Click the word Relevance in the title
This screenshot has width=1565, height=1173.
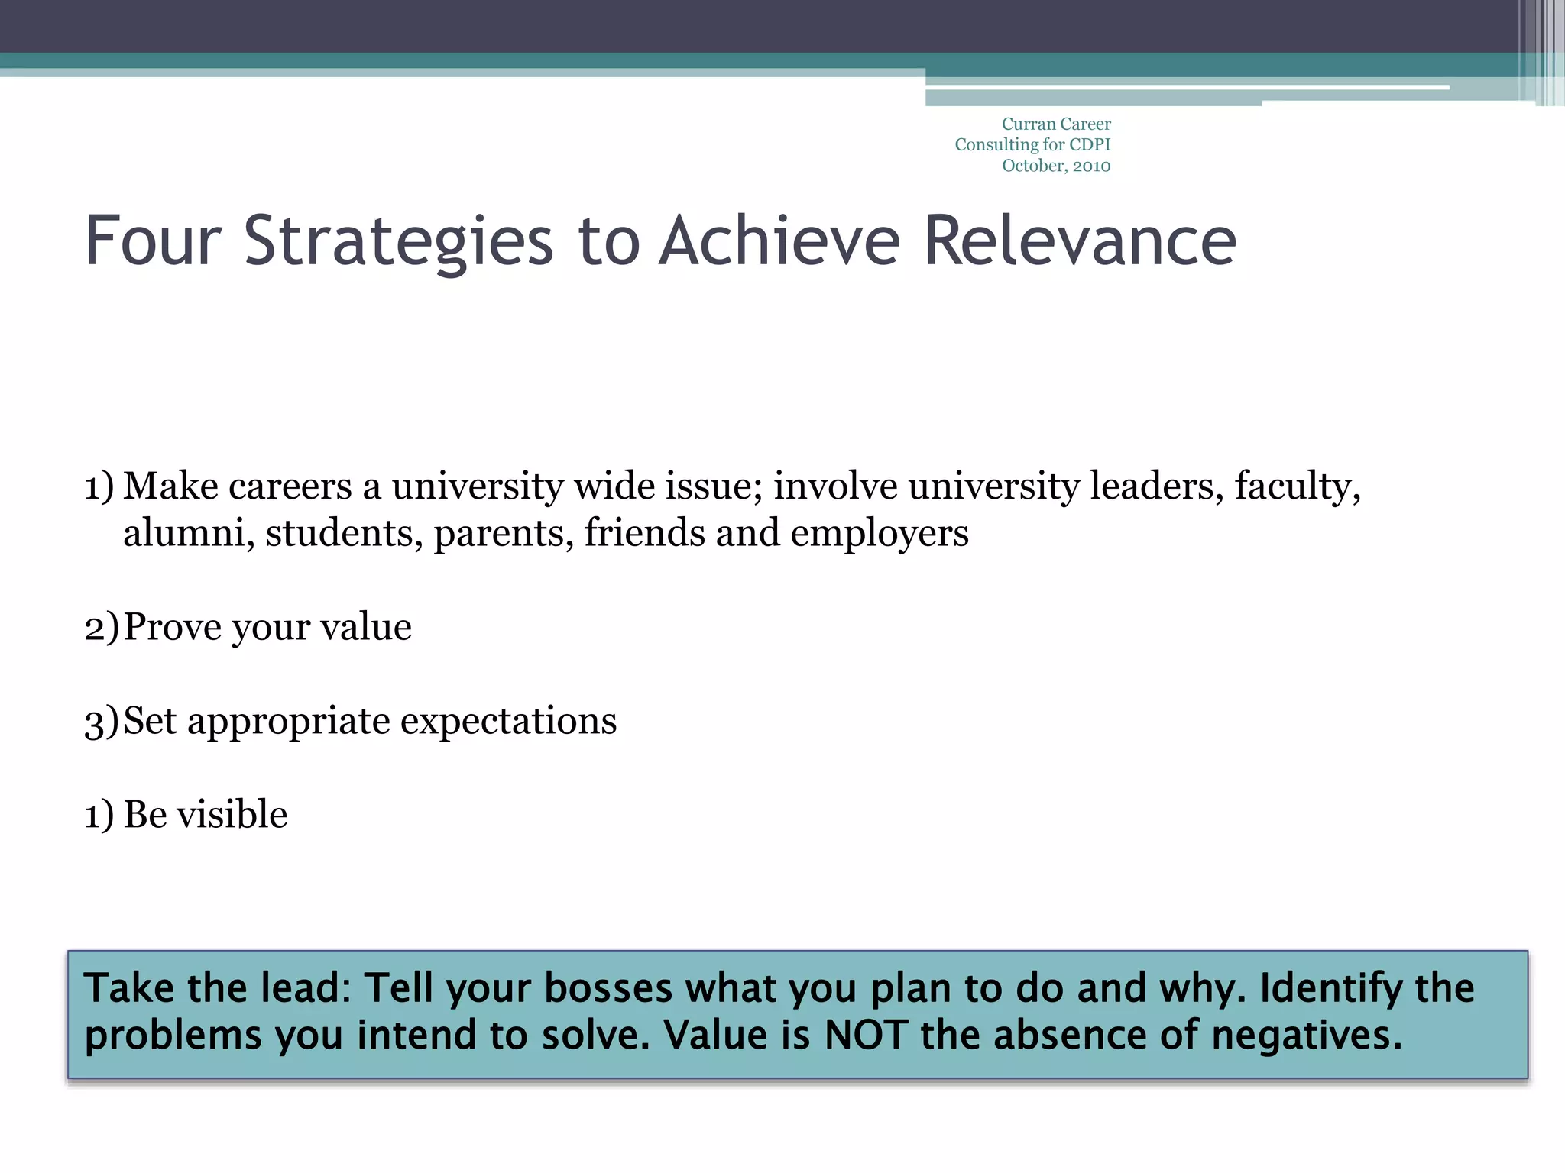click(x=1080, y=241)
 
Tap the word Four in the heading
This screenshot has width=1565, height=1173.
click(x=153, y=241)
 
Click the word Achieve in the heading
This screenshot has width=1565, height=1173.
click(x=779, y=241)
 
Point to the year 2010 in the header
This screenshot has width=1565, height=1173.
click(x=1091, y=166)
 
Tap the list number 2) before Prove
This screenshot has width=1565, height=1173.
click(x=102, y=627)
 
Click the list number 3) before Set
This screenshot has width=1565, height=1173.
click(x=102, y=721)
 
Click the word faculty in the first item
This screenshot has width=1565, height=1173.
click(x=1297, y=487)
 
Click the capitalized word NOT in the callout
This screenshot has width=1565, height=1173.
click(x=867, y=1036)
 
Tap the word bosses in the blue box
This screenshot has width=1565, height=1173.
click(x=608, y=988)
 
